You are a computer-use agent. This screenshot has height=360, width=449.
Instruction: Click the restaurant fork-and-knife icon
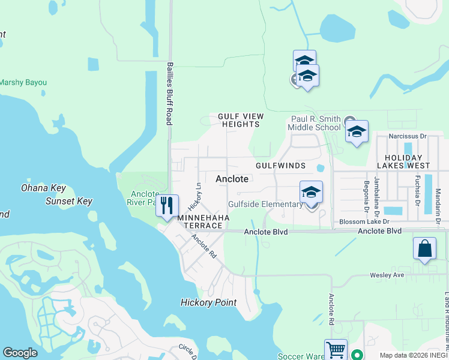pyautogui.click(x=167, y=205)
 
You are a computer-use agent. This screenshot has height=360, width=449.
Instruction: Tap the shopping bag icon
pyautogui.click(x=424, y=249)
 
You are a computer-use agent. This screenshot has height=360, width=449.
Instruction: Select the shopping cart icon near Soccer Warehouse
pyautogui.click(x=336, y=350)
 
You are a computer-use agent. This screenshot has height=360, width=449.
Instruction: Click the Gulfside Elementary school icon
pyautogui.click(x=311, y=192)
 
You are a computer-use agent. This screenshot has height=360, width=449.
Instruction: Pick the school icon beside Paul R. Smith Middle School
pyautogui.click(x=357, y=132)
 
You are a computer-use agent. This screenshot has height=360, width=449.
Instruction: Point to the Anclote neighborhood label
pyautogui.click(x=232, y=179)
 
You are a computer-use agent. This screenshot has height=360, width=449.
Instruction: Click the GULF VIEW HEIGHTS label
pyautogui.click(x=239, y=120)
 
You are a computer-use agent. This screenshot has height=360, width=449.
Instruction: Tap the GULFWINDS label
pyautogui.click(x=280, y=165)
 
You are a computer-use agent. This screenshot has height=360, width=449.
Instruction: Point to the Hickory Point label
pyautogui.click(x=208, y=302)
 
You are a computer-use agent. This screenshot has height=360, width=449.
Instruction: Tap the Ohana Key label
pyautogui.click(x=43, y=188)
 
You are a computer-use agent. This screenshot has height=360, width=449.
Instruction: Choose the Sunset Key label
pyautogui.click(x=69, y=201)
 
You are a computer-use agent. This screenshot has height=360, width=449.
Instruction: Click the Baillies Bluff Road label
pyautogui.click(x=170, y=93)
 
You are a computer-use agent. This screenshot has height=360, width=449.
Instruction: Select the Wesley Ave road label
pyautogui.click(x=392, y=275)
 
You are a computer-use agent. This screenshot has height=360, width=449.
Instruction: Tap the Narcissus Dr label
pyautogui.click(x=408, y=136)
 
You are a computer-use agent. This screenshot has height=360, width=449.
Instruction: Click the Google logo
pyautogui.click(x=20, y=353)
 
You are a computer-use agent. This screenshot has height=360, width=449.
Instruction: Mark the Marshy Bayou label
pyautogui.click(x=23, y=82)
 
